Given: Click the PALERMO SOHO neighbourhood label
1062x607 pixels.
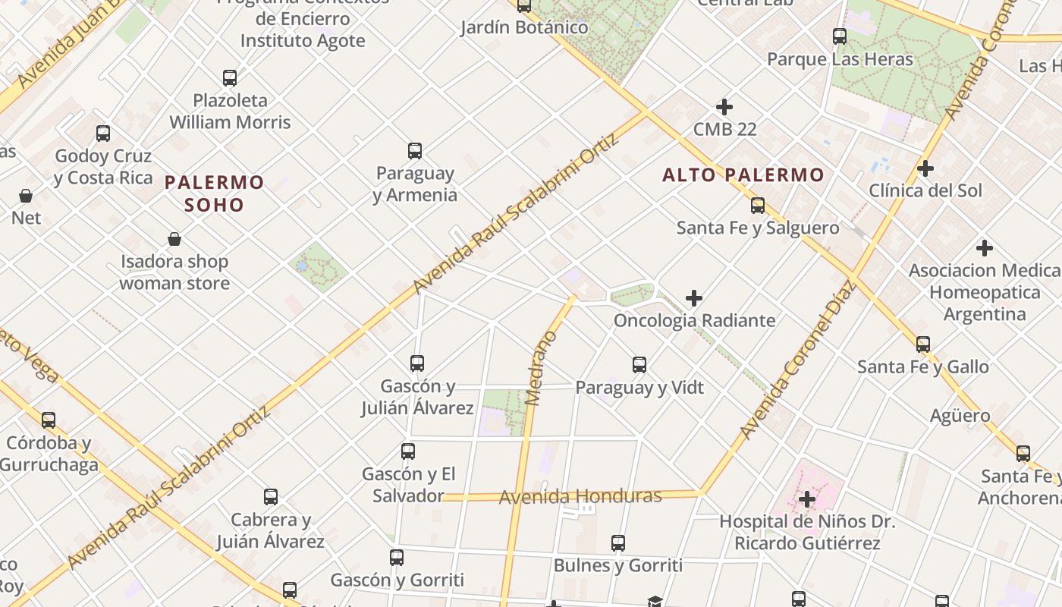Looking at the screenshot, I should click(215, 193).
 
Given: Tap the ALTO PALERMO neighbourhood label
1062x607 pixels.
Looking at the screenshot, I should click(743, 175).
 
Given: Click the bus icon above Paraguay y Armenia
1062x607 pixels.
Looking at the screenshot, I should click(415, 150).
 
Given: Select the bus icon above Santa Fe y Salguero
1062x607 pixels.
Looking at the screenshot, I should click(757, 205).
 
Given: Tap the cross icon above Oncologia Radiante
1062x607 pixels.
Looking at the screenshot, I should click(694, 298).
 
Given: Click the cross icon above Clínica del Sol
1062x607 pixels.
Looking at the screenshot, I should click(925, 168).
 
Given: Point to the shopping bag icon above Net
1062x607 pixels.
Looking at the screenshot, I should click(26, 196).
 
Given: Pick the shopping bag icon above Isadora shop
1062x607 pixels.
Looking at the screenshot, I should click(174, 239).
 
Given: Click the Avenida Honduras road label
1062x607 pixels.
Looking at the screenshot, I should click(580, 496).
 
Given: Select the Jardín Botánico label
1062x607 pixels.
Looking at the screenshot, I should click(524, 27).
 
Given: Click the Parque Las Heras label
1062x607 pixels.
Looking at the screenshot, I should click(840, 59).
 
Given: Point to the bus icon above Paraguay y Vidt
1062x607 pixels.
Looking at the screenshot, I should click(639, 365).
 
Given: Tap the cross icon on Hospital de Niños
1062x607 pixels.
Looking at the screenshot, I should click(807, 499).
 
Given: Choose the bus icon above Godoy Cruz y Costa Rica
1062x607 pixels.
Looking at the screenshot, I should click(103, 134).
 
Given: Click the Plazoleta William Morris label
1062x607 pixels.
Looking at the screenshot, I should click(230, 111).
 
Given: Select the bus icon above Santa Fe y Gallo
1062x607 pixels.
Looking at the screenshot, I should click(923, 344).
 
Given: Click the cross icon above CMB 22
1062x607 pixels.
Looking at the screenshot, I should click(724, 107).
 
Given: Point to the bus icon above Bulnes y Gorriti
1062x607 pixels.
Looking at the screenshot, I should click(618, 543).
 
